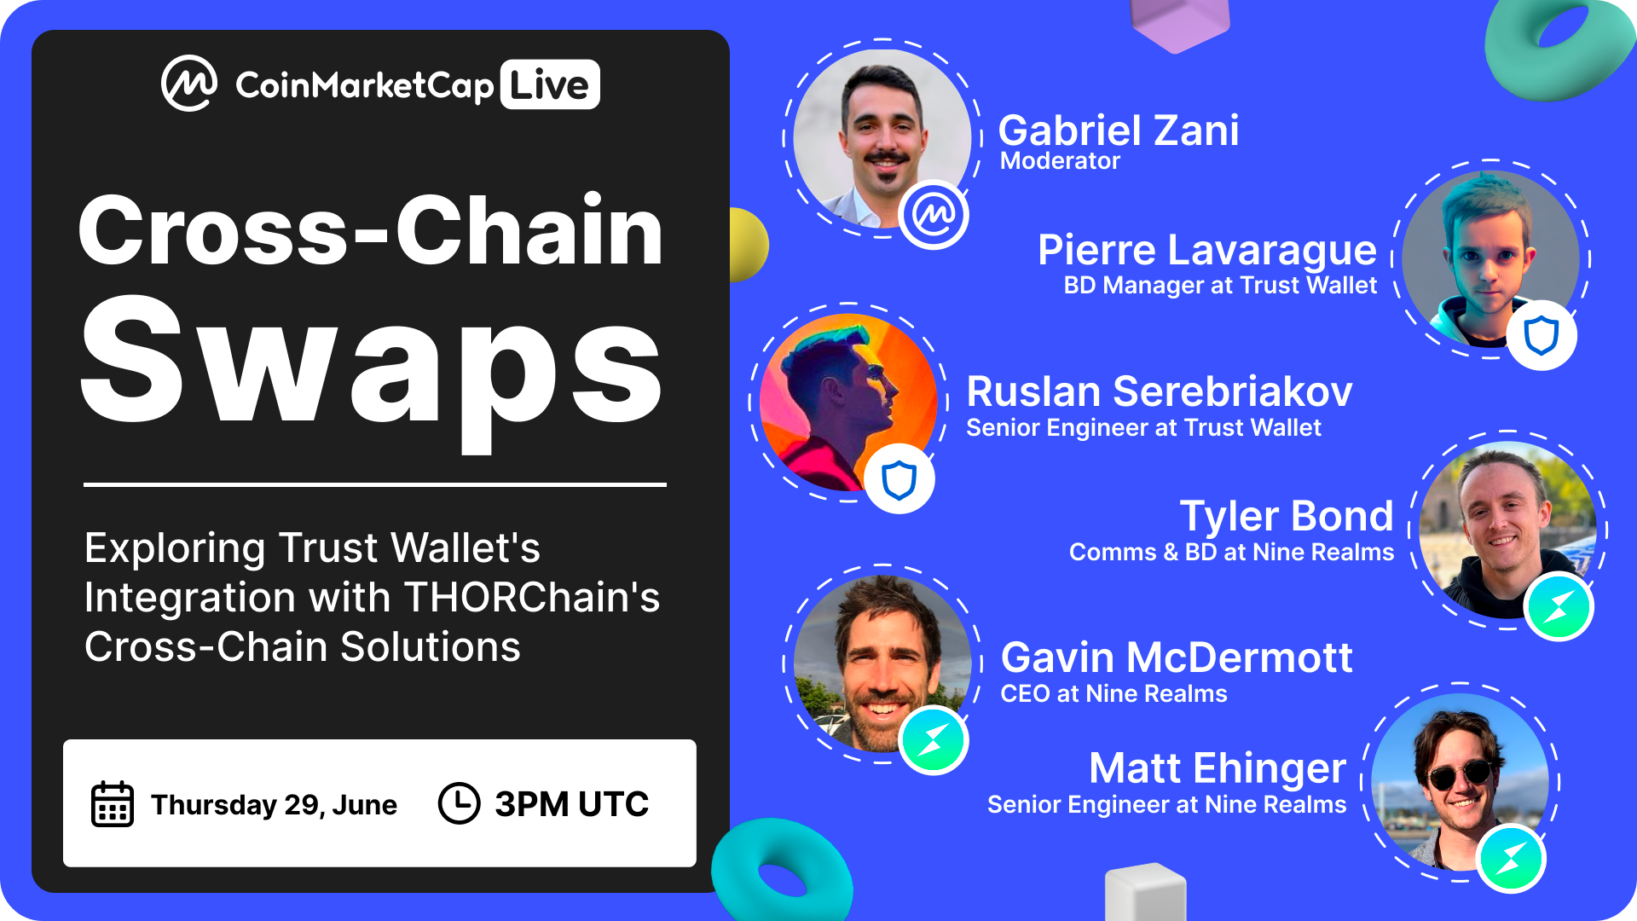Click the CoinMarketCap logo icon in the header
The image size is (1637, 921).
(x=189, y=84)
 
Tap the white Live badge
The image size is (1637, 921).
(x=550, y=84)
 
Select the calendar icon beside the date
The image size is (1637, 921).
(x=112, y=803)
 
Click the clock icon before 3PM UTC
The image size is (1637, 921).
(x=459, y=803)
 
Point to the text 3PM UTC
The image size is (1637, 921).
(x=571, y=804)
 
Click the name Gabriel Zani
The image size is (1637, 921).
(x=1118, y=130)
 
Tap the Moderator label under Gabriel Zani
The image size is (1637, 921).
(x=1060, y=161)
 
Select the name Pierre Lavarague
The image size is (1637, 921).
(x=1206, y=250)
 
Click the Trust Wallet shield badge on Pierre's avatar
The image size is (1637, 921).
(x=1542, y=335)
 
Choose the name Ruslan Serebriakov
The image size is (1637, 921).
(x=1159, y=392)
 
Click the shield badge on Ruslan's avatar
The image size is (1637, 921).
(x=899, y=479)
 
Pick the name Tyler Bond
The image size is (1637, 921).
(x=1286, y=516)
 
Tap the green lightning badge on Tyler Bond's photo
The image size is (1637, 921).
(x=1559, y=607)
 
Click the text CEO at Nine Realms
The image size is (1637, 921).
(x=1114, y=694)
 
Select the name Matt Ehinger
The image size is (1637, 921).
(x=1218, y=768)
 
